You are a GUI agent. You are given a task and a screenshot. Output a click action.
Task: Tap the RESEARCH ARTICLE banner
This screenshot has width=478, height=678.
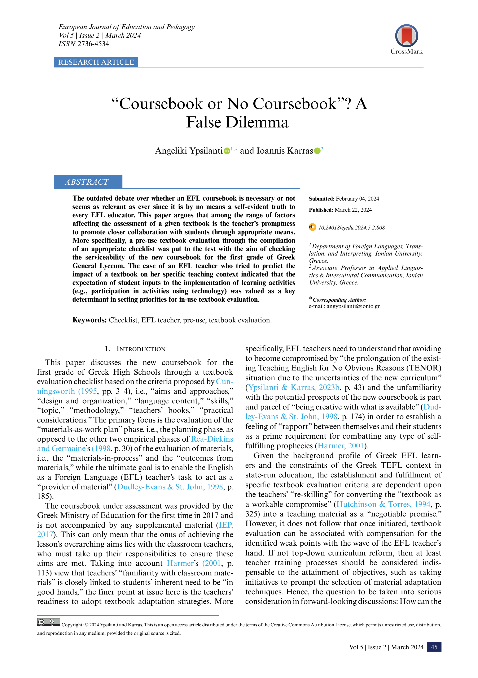pyautogui.click(x=96, y=62)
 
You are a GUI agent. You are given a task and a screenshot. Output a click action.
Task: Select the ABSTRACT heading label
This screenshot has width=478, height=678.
pyautogui.click(x=88, y=182)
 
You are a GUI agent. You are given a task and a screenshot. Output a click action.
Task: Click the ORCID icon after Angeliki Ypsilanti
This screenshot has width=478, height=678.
pyautogui.click(x=227, y=151)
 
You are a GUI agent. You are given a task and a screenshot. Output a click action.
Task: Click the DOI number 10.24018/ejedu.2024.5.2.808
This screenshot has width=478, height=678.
pyautogui.click(x=351, y=228)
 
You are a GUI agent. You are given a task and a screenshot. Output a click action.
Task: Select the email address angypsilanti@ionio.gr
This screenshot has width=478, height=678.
pyautogui.click(x=353, y=306)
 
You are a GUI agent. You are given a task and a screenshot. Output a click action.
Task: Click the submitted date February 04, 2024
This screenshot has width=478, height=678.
pyautogui.click(x=357, y=199)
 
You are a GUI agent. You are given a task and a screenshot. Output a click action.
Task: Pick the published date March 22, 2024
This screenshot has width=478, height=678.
pyautogui.click(x=353, y=210)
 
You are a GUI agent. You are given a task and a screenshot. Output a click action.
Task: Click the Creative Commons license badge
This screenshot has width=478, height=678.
pyautogui.click(x=48, y=622)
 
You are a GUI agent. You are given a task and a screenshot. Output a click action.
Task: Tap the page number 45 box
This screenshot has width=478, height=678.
pyautogui.click(x=434, y=647)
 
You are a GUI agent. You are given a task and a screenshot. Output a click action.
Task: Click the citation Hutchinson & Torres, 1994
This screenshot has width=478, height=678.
pyautogui.click(x=383, y=504)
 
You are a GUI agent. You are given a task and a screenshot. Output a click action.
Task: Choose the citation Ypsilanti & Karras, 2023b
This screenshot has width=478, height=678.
pyautogui.click(x=294, y=387)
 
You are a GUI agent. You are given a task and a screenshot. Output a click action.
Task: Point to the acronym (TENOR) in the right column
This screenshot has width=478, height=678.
pyautogui.click(x=424, y=368)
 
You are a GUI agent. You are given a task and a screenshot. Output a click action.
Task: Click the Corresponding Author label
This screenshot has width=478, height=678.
pyautogui.click(x=339, y=300)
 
